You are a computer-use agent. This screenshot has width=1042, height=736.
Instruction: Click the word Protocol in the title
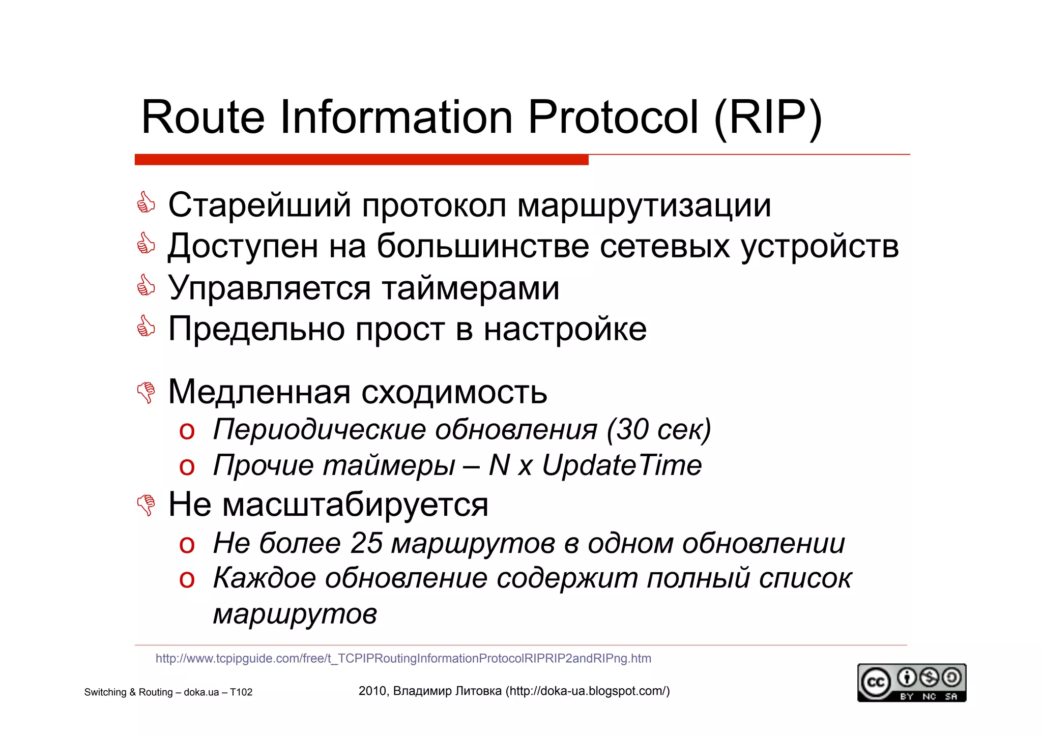(x=613, y=117)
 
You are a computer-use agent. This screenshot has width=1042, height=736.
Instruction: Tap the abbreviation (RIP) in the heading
(x=768, y=117)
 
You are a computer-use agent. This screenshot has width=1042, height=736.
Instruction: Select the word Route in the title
(x=202, y=117)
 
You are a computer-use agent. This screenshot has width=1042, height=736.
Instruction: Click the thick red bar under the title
(x=361, y=160)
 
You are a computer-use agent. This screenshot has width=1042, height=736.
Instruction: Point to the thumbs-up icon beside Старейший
(x=146, y=203)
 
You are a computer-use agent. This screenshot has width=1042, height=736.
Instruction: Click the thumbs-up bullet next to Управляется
(x=146, y=286)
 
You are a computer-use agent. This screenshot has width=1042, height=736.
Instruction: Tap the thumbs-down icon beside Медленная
(x=147, y=392)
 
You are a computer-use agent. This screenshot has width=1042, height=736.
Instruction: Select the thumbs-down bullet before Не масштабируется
(x=147, y=505)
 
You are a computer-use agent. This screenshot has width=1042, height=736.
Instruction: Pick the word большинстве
(x=482, y=246)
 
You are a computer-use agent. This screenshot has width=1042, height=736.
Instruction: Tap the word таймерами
(x=471, y=288)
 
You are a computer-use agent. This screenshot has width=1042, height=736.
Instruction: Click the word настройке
(x=565, y=329)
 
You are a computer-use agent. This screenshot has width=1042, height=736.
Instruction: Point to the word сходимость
(x=454, y=392)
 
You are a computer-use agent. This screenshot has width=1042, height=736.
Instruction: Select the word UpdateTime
(x=622, y=465)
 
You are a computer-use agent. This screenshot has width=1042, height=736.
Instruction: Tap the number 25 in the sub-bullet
(x=366, y=543)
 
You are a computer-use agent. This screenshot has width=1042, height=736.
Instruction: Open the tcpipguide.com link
(x=403, y=658)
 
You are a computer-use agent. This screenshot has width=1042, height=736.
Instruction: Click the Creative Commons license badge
(x=911, y=683)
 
